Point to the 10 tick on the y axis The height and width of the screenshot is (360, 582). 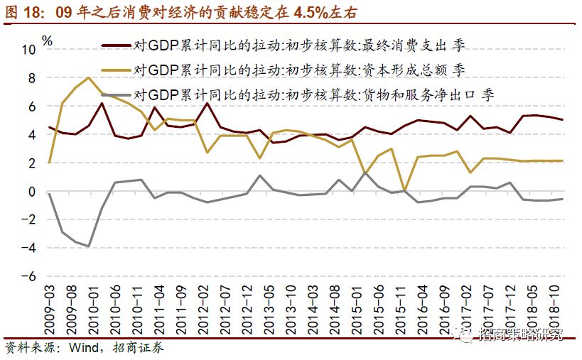tap(28, 50)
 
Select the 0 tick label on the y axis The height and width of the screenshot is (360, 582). tap(31, 192)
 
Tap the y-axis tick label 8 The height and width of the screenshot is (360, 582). tap(31, 78)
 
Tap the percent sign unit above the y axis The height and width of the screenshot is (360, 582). tap(48, 40)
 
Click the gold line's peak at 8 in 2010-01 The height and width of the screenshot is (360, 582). tap(88, 77)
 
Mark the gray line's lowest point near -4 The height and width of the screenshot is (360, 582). tap(88, 246)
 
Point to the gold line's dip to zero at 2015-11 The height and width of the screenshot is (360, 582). tap(404, 190)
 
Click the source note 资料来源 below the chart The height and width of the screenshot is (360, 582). tap(28, 348)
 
